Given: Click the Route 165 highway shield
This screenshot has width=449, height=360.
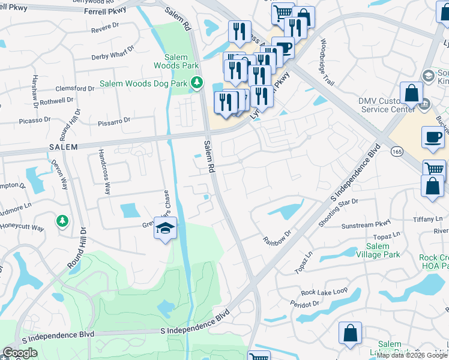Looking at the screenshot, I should pyautogui.click(x=397, y=151).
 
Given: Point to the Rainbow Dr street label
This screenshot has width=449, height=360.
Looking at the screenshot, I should pyautogui.click(x=277, y=236).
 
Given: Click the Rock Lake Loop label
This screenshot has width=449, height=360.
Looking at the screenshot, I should pyautogui.click(x=325, y=292).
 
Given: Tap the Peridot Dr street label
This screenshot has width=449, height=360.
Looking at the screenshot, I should pyautogui.click(x=306, y=305).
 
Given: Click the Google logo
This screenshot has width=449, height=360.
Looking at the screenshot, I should pyautogui.click(x=20, y=353).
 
